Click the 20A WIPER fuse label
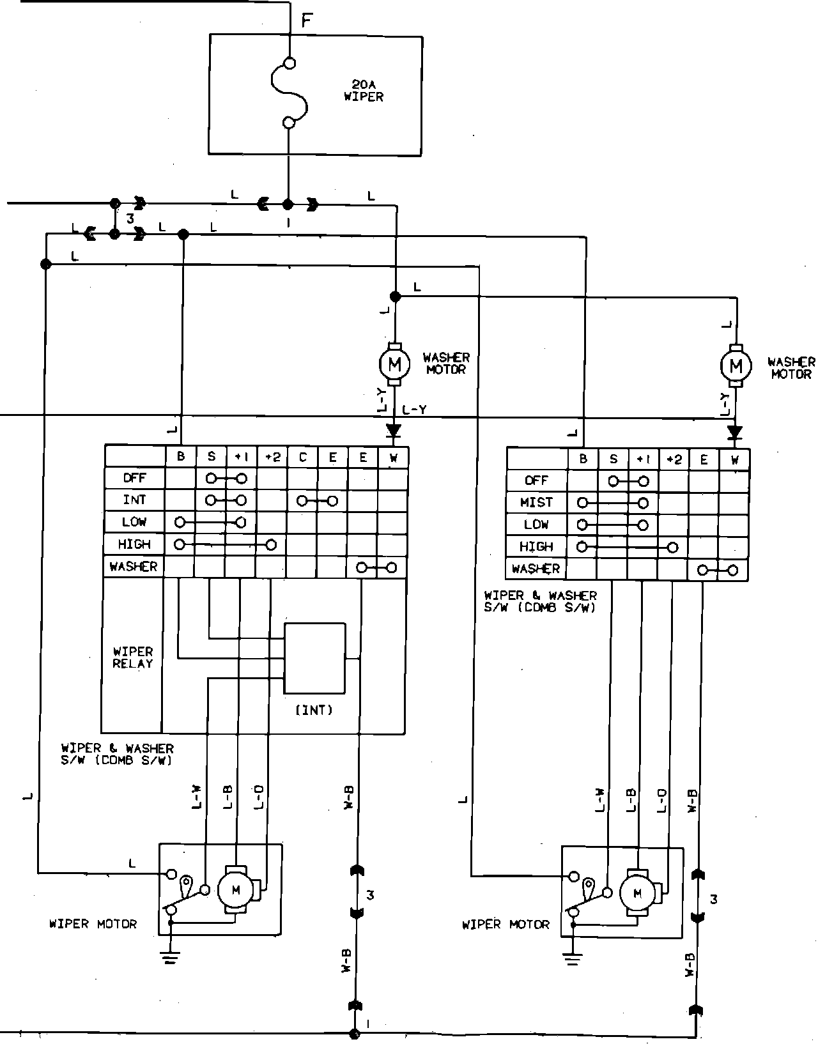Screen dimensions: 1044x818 pos(363,91)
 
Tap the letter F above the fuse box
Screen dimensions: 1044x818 pos(307,20)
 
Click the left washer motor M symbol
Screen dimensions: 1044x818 pos(394,365)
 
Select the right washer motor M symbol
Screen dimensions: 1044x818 pos(736,366)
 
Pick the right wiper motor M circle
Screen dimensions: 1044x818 pos(637,894)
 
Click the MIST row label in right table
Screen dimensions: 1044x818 pos(536,502)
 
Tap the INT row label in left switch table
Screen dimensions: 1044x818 pos(134,500)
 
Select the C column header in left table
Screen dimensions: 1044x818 pos(303,457)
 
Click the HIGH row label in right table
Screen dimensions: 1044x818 pos(536,547)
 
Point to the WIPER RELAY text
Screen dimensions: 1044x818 pos(133,657)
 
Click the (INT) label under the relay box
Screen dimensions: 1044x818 pos(314,710)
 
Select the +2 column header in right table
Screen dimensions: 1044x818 pos(674,459)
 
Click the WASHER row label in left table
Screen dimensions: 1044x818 pos(134,567)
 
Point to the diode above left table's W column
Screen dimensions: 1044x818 pos(393,430)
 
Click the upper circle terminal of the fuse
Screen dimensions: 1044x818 pos(289,63)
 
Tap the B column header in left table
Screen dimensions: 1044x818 pos(181,457)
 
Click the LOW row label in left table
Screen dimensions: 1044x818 pos(134,522)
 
